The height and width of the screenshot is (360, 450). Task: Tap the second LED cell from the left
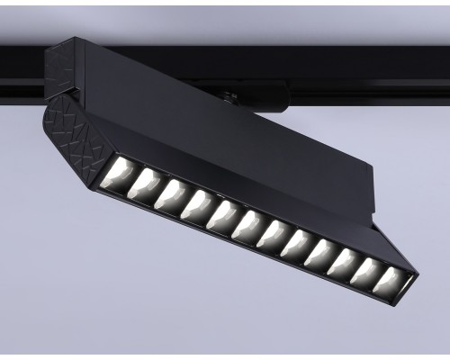tap(145, 184)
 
